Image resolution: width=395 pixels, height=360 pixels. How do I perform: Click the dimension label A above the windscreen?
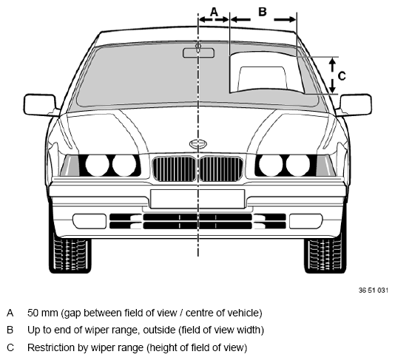coord(214,12)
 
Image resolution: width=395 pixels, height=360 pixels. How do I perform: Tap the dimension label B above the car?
coord(263,12)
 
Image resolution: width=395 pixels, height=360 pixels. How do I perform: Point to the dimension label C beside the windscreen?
coord(342,76)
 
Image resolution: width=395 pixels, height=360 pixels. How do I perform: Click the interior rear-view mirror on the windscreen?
coord(199,53)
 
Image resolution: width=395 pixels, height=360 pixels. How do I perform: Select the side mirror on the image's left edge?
coord(40,105)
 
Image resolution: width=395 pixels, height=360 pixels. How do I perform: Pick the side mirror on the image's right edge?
coord(356,105)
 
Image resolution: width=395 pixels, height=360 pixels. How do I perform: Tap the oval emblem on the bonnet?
coord(198,144)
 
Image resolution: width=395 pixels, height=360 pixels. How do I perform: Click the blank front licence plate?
coord(197,199)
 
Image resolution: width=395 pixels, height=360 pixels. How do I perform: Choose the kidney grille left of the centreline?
coord(175,169)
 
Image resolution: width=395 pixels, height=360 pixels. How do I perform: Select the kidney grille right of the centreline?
coord(221,169)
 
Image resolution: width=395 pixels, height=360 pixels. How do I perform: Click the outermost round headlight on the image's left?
coord(97,165)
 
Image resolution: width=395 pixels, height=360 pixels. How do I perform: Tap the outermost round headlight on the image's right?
coord(298,165)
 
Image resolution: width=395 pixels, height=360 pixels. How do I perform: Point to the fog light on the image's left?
coord(90,221)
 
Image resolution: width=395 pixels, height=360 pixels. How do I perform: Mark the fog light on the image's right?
coord(305,221)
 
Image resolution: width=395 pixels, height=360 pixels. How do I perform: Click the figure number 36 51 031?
coord(374,291)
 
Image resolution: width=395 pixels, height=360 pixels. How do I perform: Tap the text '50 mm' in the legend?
coord(43,313)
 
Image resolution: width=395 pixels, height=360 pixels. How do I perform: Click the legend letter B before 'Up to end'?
coord(10,330)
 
